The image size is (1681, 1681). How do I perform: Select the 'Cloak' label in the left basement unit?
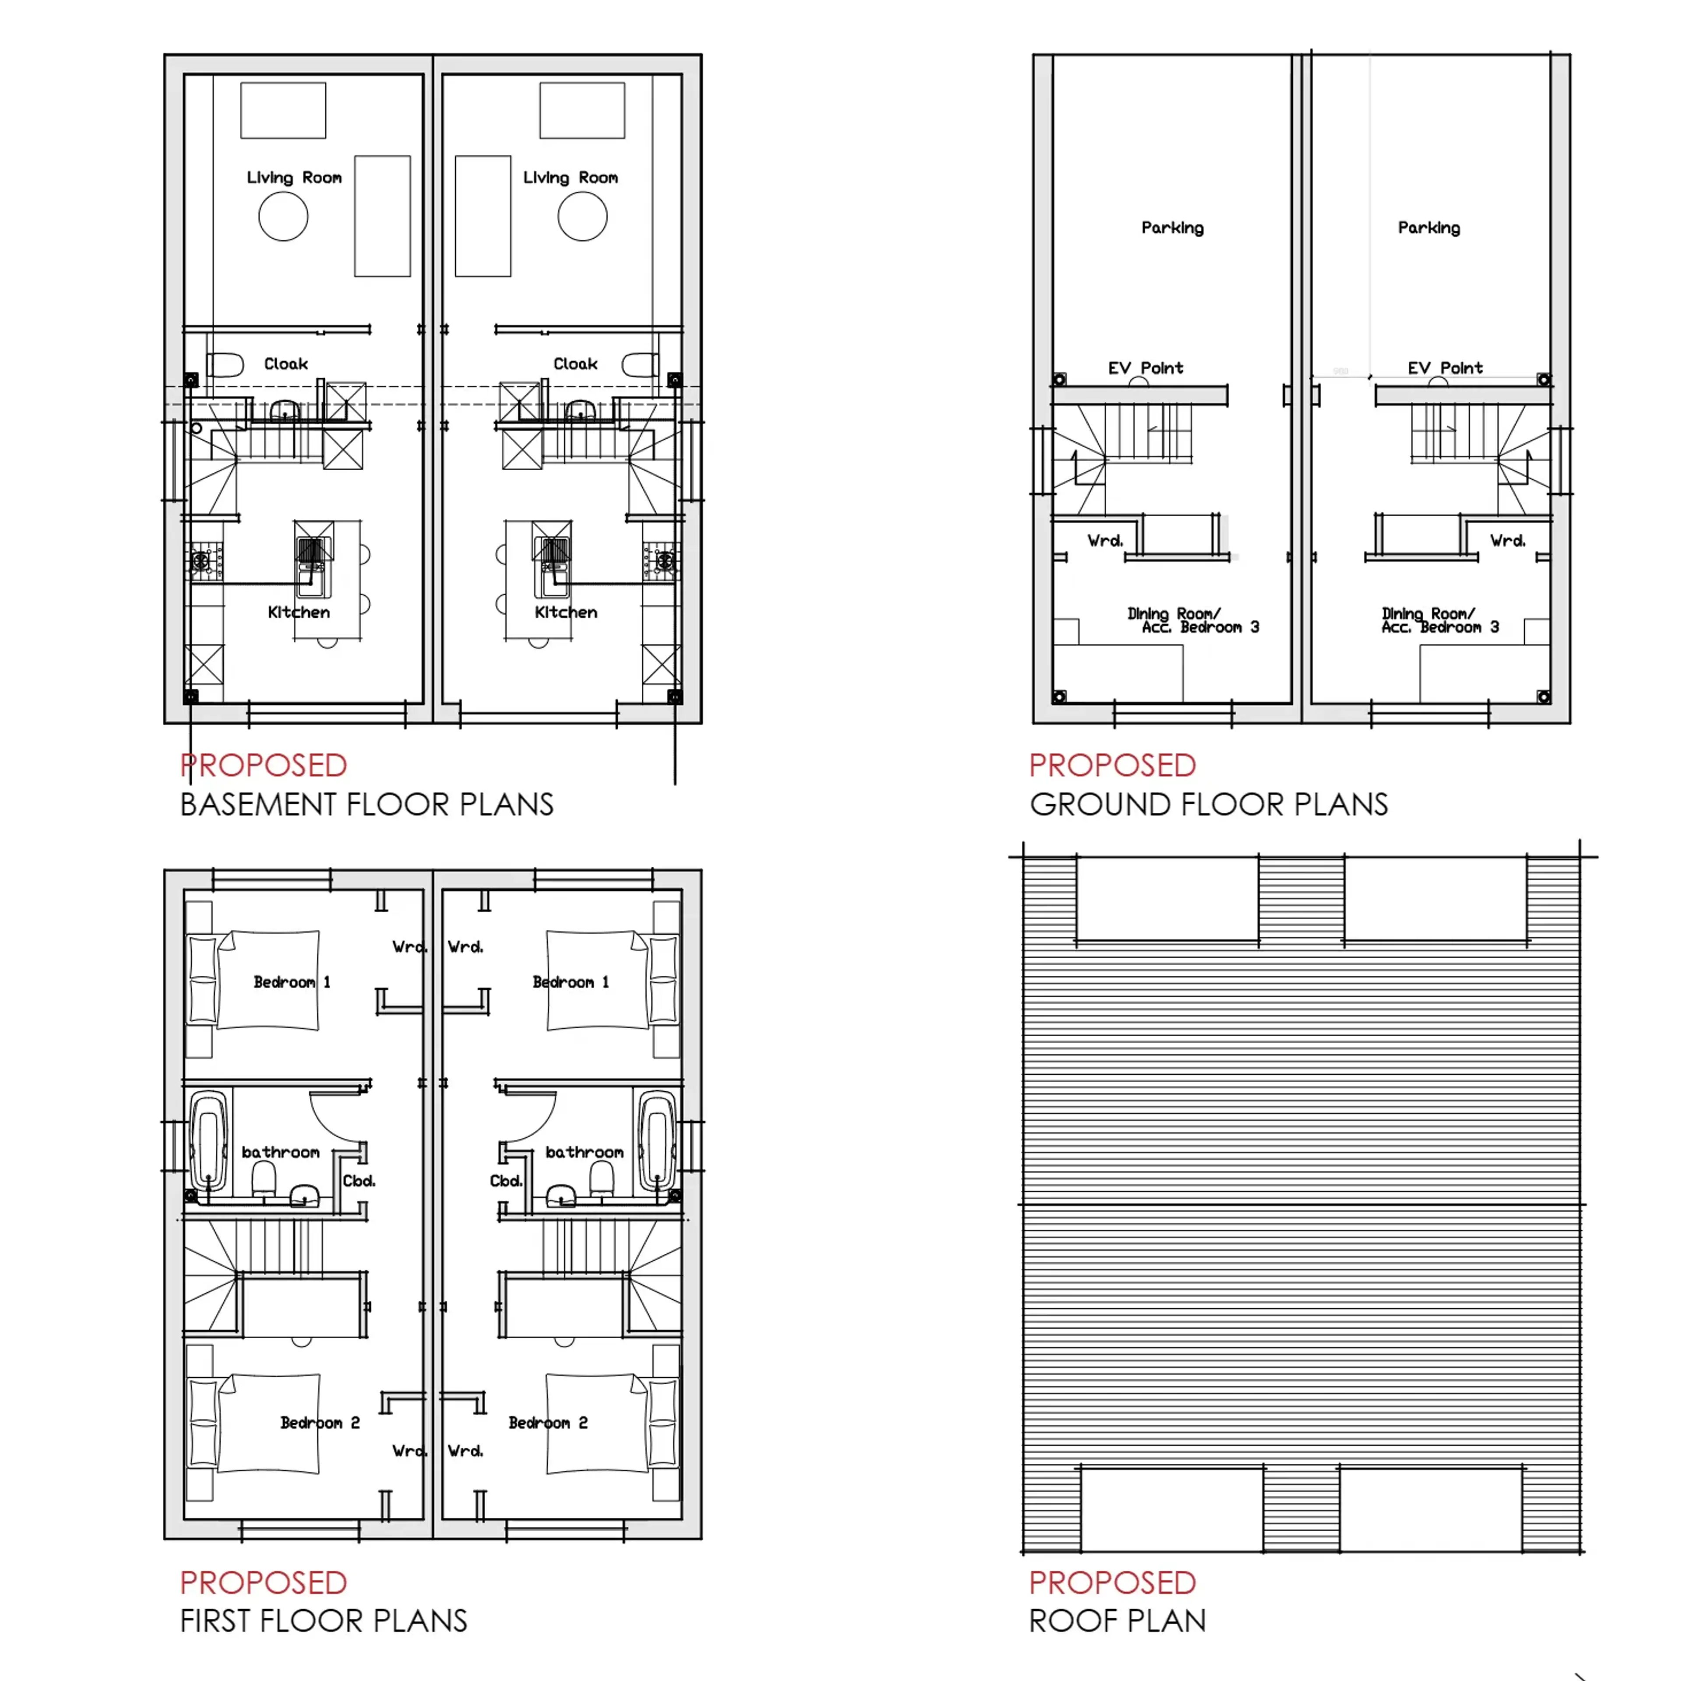286,364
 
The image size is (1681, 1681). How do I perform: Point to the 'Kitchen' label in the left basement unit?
299,612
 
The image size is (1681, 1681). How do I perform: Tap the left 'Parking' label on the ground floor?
1172,228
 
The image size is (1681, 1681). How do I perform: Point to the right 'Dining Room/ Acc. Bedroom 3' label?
1440,620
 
